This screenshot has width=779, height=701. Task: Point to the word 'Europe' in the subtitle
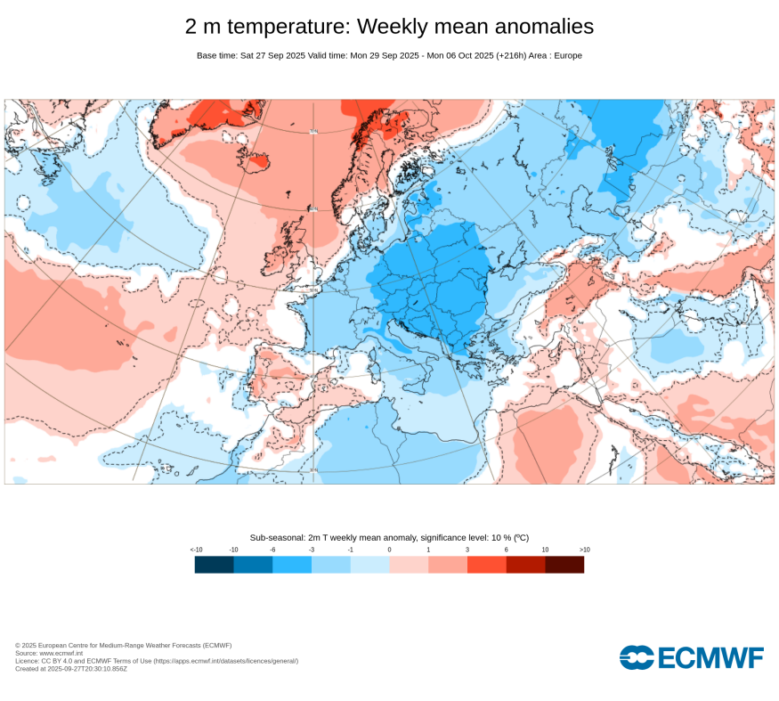566,55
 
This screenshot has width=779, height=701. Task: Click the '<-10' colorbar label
197,550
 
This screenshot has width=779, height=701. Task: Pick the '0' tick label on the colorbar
389,550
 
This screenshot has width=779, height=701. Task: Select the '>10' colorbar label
584,550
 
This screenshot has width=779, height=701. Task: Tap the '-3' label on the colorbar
312,550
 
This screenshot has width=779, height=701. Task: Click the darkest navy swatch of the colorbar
214,565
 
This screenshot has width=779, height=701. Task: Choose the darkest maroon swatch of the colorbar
564,565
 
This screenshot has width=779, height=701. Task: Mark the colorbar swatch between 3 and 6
486,565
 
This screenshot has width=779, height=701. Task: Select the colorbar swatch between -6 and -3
292,565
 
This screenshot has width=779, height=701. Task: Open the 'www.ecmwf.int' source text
61,653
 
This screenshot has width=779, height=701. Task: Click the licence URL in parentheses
226,661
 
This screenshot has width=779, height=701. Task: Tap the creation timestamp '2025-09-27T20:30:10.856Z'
87,668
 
